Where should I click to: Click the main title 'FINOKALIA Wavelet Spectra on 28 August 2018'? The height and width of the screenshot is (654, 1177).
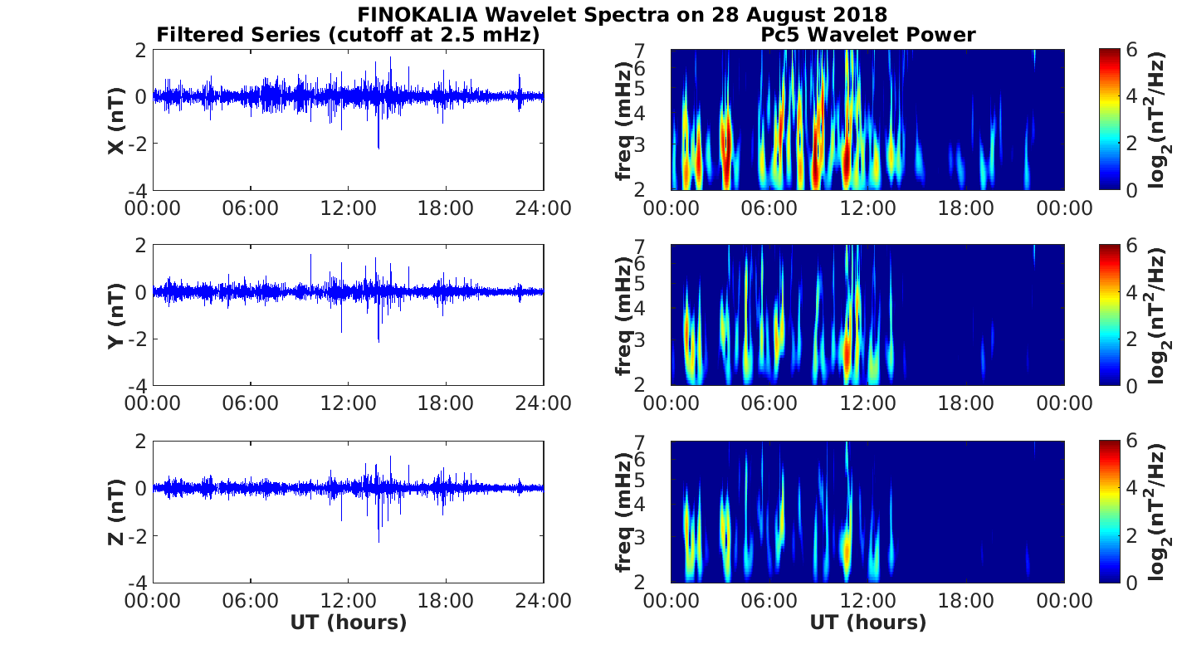coord(622,15)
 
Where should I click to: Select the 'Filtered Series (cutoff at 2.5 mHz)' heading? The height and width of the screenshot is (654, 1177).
coord(348,35)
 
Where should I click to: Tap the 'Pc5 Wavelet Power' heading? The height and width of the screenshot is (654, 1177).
coord(867,35)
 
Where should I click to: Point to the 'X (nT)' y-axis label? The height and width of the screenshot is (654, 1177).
coord(116,120)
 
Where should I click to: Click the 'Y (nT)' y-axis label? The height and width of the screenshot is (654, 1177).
coord(116,315)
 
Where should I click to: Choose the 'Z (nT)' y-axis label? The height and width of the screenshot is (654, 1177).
coord(116,511)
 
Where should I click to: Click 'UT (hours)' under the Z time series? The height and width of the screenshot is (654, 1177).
coord(348,622)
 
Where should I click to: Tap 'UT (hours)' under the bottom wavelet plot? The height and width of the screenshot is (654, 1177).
coord(867,622)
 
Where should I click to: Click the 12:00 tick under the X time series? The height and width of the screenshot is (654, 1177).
coord(348,207)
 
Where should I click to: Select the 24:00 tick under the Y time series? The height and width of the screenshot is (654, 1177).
coord(545,403)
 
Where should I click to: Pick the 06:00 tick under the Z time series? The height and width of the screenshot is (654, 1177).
coord(251,599)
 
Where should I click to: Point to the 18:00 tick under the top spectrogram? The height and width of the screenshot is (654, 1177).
coord(966,207)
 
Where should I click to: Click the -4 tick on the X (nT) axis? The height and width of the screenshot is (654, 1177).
coord(138,191)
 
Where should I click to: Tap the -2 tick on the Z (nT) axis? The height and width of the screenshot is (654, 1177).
coord(138,535)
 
